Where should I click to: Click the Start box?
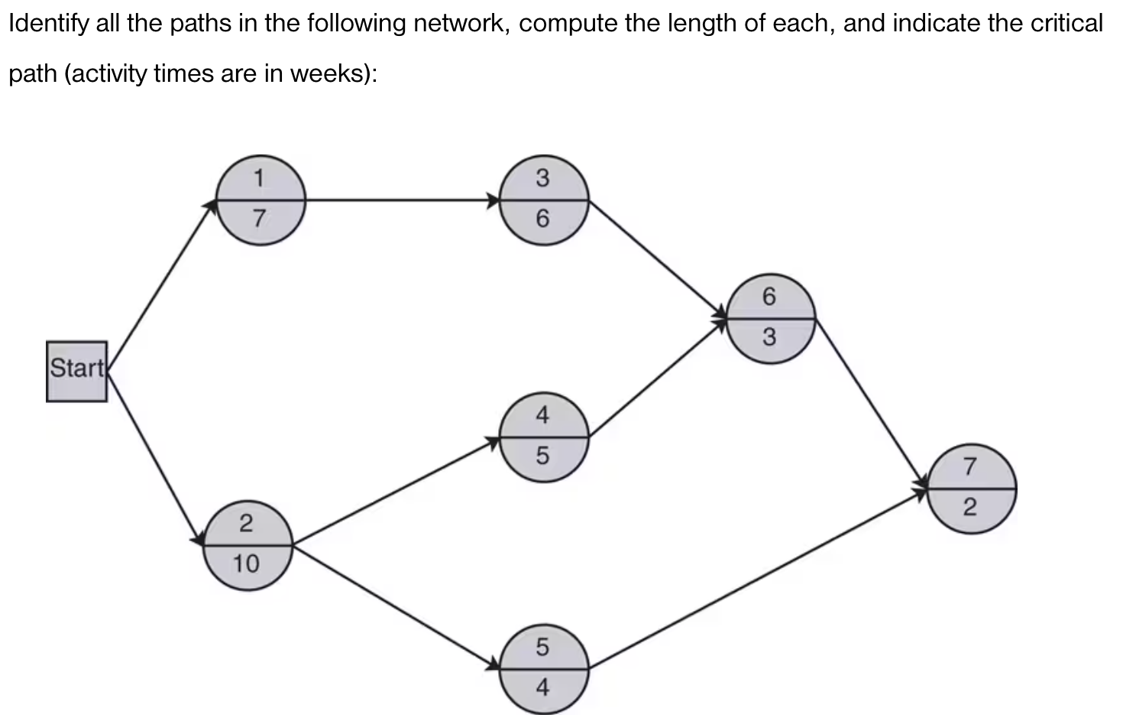pos(76,371)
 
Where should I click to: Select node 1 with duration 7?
pos(261,200)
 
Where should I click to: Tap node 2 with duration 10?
pos(248,545)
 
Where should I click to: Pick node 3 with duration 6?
pos(543,200)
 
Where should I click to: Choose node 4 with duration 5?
pos(543,437)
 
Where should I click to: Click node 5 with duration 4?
pos(543,668)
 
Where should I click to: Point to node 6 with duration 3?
pos(770,317)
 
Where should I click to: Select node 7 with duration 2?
pos(971,488)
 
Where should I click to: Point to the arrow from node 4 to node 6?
pos(658,377)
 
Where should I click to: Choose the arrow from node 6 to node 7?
pos(871,402)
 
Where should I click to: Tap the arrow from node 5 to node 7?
pos(756,578)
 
